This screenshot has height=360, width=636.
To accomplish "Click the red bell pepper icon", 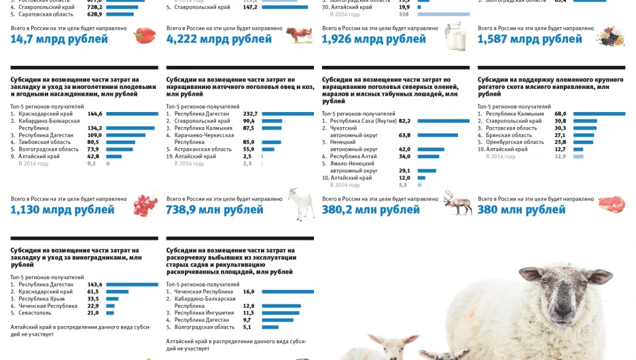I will click(144, 35).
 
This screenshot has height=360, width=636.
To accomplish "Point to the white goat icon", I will click(299, 204).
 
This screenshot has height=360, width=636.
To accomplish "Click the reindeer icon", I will click(456, 202).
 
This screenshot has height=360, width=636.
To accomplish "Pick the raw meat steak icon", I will click(611, 203).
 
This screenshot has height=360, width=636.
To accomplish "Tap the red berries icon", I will click(144, 204).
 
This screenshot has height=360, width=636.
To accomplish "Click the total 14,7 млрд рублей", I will click(59, 39).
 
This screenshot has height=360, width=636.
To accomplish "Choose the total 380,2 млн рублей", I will click(371, 210).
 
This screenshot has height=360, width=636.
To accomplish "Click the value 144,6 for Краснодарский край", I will click(94, 113).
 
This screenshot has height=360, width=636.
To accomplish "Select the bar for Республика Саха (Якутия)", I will click(443, 121).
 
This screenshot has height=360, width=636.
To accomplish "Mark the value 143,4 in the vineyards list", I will click(94, 285).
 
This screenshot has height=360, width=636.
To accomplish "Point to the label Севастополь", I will click(35, 313).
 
